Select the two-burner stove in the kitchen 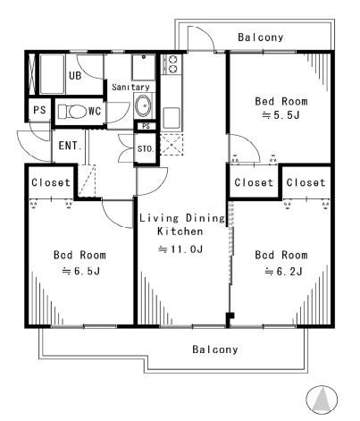pos(172,64)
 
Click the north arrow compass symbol pos(322,400)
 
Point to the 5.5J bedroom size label pos(280,115)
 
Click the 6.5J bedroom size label pos(80,271)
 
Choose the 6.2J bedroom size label pos(283,272)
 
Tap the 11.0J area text pos(180,248)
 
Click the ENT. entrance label pos(70,146)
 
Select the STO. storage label pos(146,148)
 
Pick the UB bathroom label pos(75,75)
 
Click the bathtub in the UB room pos(52,74)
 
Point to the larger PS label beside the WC pos(39,110)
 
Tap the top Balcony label pos(261,38)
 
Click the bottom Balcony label pos(215,349)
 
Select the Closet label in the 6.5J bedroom pos(51,182)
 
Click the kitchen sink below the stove pos(172,118)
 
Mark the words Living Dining pos(182,218)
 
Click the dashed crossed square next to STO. pos(172,145)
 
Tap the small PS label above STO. pos(146,126)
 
